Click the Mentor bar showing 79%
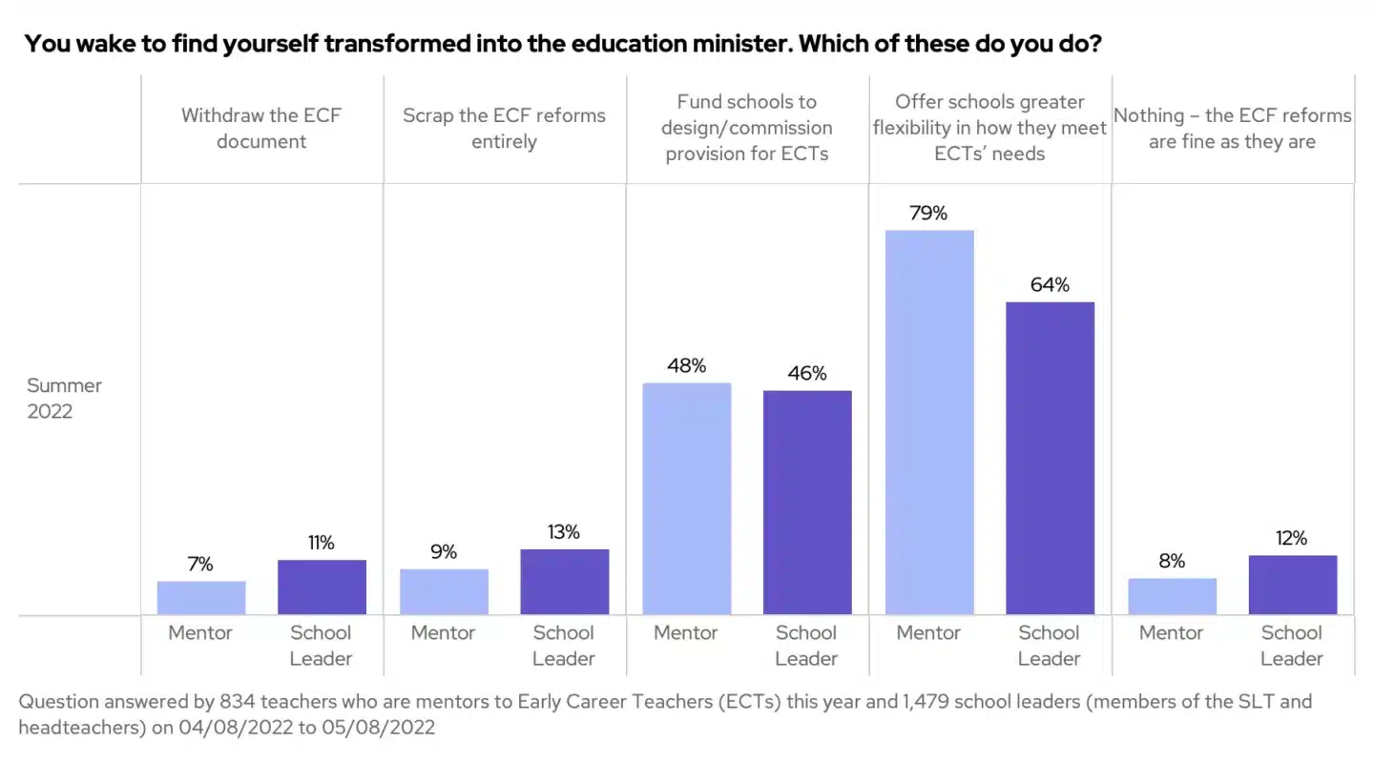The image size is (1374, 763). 929,422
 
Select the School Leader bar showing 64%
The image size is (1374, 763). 1050,458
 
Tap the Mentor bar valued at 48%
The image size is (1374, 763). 687,498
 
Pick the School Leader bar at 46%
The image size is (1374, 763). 807,502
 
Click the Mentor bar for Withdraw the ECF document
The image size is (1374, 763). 201,598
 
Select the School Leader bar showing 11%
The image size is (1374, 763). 322,587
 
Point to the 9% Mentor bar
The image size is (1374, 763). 444,591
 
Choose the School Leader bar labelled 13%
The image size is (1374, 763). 564,582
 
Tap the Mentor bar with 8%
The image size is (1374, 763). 1172,596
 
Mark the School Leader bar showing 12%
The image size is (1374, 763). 1292,585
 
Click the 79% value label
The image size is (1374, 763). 928,213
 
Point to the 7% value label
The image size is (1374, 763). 200,565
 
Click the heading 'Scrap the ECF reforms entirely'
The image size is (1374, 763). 504,129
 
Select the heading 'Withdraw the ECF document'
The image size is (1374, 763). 261,129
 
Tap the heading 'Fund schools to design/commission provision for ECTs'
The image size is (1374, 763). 747,128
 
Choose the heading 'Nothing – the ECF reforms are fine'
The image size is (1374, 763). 1233,129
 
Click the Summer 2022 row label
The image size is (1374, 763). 63,399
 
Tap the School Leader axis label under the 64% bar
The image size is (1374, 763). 1049,645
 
